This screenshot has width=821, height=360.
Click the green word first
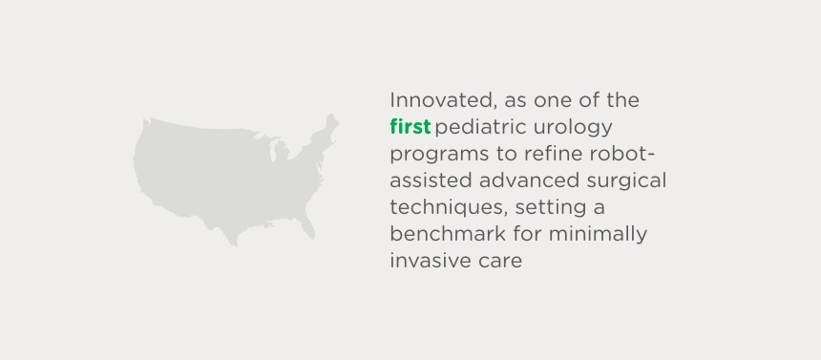click(x=410, y=127)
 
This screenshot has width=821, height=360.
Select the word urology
click(x=574, y=128)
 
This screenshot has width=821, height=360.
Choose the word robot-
click(x=623, y=154)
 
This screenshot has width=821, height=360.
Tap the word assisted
click(x=431, y=180)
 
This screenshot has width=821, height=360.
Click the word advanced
click(x=529, y=180)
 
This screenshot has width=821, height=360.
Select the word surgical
click(x=626, y=181)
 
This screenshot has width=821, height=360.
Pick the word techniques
click(x=448, y=208)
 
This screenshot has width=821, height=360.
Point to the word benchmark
click(x=448, y=234)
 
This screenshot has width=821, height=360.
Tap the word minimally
click(x=598, y=235)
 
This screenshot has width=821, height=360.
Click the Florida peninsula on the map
click(x=307, y=226)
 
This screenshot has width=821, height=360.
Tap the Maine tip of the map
click(x=331, y=118)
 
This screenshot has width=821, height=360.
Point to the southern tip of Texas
click(x=234, y=243)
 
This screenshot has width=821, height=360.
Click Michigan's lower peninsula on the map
click(x=283, y=151)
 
